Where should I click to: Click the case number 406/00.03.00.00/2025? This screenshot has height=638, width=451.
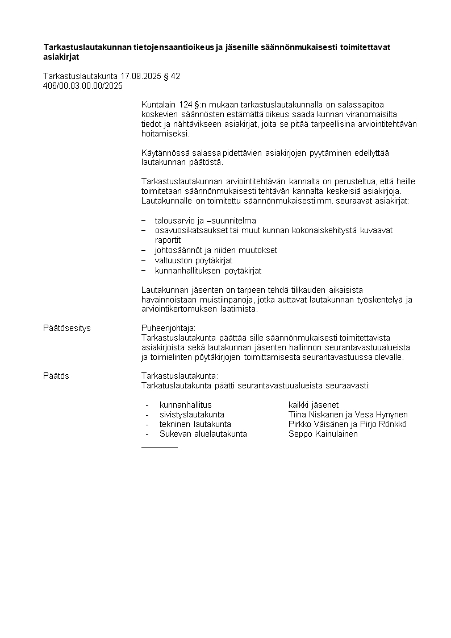[x=83, y=86]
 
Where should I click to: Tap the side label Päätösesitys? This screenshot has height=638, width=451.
[x=67, y=328]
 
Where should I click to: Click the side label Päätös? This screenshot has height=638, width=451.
[x=56, y=376]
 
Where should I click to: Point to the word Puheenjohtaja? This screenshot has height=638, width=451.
[x=168, y=328]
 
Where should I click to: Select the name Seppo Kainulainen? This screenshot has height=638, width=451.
[x=323, y=434]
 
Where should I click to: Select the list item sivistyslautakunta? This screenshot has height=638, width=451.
[x=191, y=415]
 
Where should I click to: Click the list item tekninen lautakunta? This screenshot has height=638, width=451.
[x=195, y=424]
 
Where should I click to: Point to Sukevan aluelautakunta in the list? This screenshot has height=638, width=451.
[x=203, y=434]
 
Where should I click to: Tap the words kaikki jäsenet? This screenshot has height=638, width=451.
[x=314, y=405]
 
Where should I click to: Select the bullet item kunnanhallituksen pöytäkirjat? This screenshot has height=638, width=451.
[x=208, y=271]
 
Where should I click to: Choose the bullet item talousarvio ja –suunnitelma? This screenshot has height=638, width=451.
[x=205, y=220]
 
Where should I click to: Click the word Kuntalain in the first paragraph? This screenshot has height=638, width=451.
[x=158, y=105]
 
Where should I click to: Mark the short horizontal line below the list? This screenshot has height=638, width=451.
[x=159, y=447]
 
